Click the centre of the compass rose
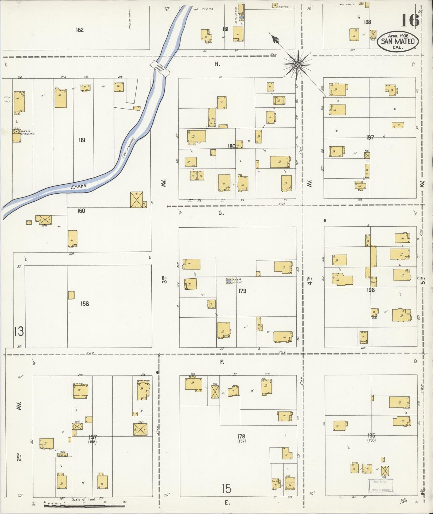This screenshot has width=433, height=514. point(297,64)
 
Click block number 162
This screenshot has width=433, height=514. point(80,30)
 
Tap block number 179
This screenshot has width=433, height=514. point(242,291)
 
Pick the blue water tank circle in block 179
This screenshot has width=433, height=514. point(229,281)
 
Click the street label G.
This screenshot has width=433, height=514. point(221,213)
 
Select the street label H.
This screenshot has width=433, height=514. point(217,64)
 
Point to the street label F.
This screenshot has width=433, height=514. point(222,362)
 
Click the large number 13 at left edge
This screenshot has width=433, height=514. point(19,332)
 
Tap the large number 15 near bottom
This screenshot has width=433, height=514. point(227,489)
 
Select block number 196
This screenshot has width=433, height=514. point(371,290)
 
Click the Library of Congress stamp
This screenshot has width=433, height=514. point(381,486)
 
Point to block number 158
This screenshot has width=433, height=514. point(85,303)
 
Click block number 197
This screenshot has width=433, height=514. point(370,137)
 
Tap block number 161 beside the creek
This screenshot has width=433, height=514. point(82,140)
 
